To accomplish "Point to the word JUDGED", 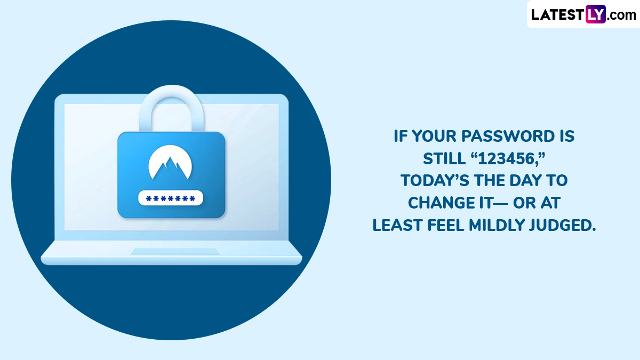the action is (x=562, y=225).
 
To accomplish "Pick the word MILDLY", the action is (x=497, y=225).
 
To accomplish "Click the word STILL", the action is (x=444, y=158).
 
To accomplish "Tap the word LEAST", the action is (x=398, y=225).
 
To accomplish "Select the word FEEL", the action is (x=446, y=225).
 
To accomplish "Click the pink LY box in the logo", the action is (x=595, y=14).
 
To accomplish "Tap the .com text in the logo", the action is (x=621, y=15).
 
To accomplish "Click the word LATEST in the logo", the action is (x=558, y=14).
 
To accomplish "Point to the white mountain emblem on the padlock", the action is (x=170, y=162).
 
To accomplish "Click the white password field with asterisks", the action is (x=171, y=198).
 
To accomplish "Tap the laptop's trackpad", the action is (x=175, y=251).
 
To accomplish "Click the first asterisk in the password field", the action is (x=149, y=198).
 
